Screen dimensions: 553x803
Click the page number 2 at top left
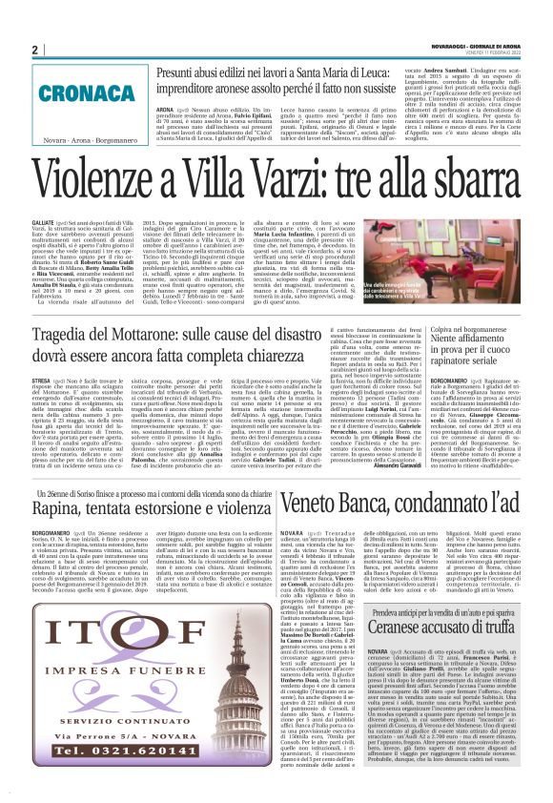[x=34, y=51]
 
